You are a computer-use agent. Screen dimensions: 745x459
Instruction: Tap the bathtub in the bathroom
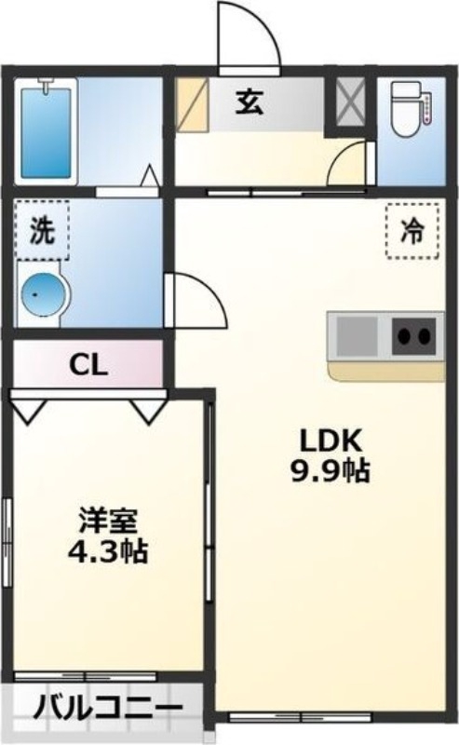click(46, 130)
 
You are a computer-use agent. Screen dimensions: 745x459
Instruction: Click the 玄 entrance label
click(248, 101)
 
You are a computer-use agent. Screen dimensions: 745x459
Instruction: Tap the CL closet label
click(89, 364)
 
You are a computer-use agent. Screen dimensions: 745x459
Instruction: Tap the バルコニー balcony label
click(107, 711)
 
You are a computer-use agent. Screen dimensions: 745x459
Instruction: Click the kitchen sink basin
click(357, 334)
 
